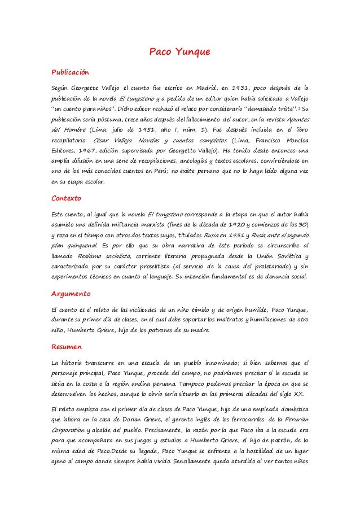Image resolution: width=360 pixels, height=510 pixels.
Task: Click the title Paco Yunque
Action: pyautogui.click(x=179, y=53)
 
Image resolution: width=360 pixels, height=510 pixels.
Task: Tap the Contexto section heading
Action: pyautogui.click(x=66, y=199)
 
